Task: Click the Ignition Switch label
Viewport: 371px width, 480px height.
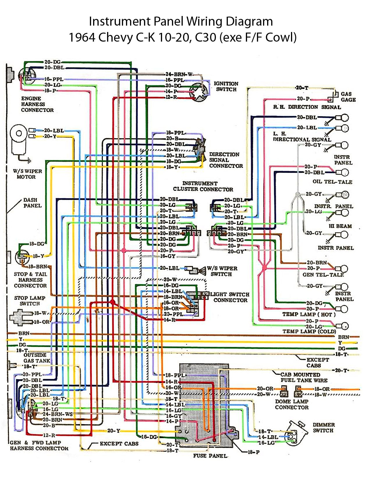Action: pos(226,86)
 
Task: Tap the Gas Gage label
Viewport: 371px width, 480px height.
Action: pos(348,97)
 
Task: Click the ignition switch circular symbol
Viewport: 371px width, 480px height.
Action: pos(199,92)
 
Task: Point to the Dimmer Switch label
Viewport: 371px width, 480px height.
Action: pos(323,428)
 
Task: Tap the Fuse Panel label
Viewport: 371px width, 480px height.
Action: pos(210,456)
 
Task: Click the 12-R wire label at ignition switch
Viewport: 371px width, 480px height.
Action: pos(171,97)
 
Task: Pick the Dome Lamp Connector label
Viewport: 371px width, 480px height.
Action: pos(292,404)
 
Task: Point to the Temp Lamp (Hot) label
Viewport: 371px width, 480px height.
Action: pos(309,314)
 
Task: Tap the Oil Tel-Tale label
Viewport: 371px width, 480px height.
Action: pos(332,182)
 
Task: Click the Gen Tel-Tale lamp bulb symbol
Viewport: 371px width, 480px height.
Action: pos(343,269)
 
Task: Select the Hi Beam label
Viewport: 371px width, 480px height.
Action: pos(340,226)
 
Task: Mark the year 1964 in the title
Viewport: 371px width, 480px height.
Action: pos(82,37)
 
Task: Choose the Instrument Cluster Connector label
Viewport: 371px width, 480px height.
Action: pos(203,186)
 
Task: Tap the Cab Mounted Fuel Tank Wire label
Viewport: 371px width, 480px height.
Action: pos(303,377)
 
